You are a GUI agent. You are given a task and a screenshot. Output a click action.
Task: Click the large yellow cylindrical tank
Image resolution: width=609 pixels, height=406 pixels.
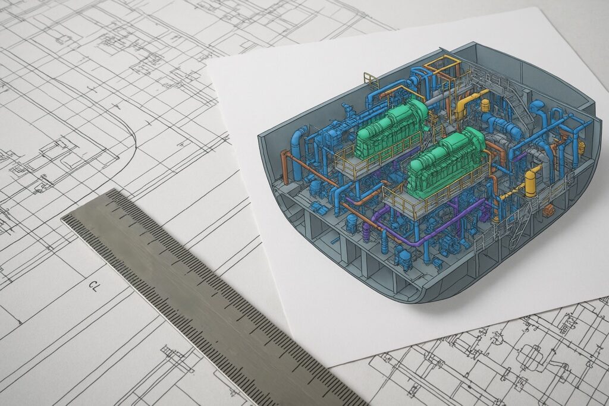click(530, 184)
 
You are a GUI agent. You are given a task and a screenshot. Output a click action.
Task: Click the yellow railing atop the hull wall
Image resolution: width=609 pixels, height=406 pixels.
click(371, 80)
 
